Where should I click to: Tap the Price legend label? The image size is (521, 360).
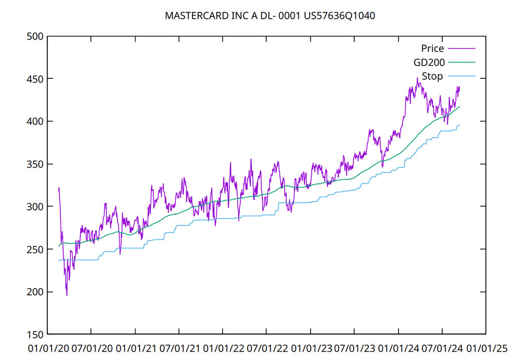tap(432, 49)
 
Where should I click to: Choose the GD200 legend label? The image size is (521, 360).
tap(428, 63)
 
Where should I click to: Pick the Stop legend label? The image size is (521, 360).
tap(432, 77)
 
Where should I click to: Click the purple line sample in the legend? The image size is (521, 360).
tap(462, 49)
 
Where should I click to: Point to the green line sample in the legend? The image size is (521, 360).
tap(462, 63)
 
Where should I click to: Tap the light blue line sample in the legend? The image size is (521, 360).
tap(462, 77)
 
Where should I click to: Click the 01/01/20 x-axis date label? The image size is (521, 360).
tap(47, 347)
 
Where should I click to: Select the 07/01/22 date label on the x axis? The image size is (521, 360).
tap(266, 347)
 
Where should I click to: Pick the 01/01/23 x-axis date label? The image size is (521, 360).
tap(310, 347)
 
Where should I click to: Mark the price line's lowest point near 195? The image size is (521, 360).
tap(67, 296)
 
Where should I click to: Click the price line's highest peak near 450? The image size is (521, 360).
tap(417, 78)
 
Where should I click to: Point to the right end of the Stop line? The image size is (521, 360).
tap(459, 124)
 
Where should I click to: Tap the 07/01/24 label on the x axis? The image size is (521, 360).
tap(442, 347)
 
